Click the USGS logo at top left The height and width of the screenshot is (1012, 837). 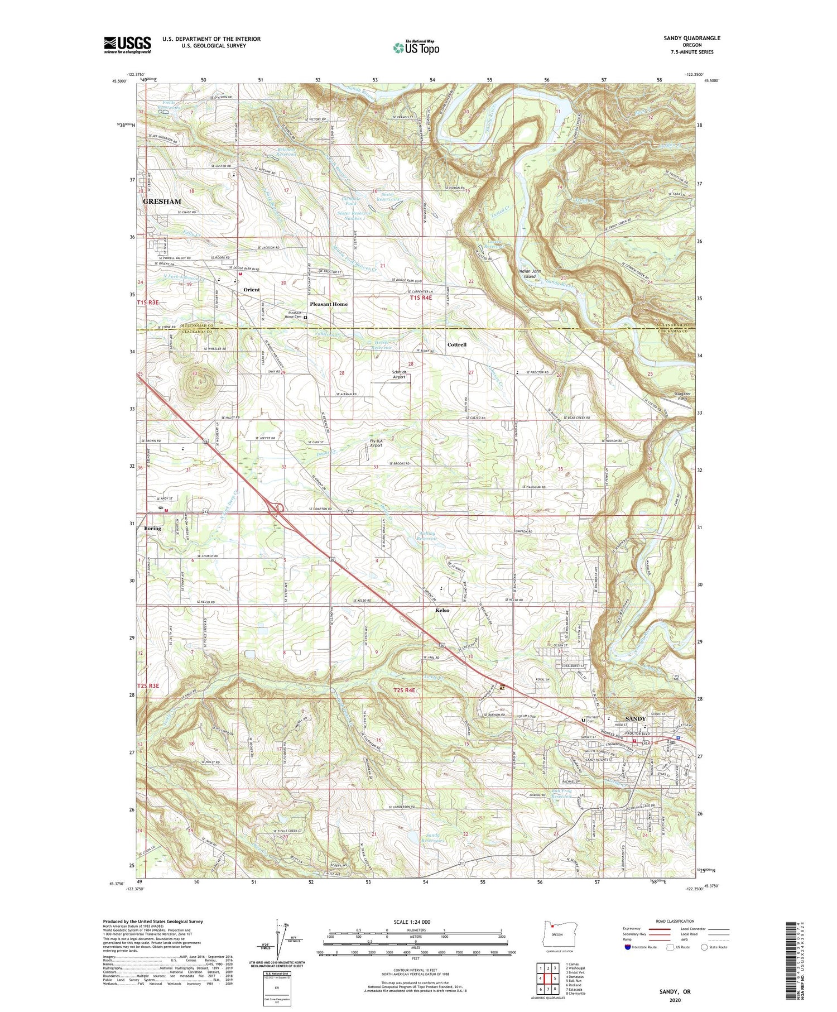(127, 45)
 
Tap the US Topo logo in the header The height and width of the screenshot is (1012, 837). (416, 47)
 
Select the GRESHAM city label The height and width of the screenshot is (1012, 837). (162, 202)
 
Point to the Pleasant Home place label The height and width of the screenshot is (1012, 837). (329, 304)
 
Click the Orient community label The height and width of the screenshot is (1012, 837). (252, 290)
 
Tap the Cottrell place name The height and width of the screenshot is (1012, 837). (456, 344)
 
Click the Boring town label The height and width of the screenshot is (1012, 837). (152, 528)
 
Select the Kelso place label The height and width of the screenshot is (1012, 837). (442, 610)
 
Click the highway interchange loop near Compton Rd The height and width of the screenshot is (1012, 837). (279, 508)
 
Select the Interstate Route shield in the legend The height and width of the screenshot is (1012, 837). (628, 947)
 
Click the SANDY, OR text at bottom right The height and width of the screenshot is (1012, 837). (675, 991)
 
